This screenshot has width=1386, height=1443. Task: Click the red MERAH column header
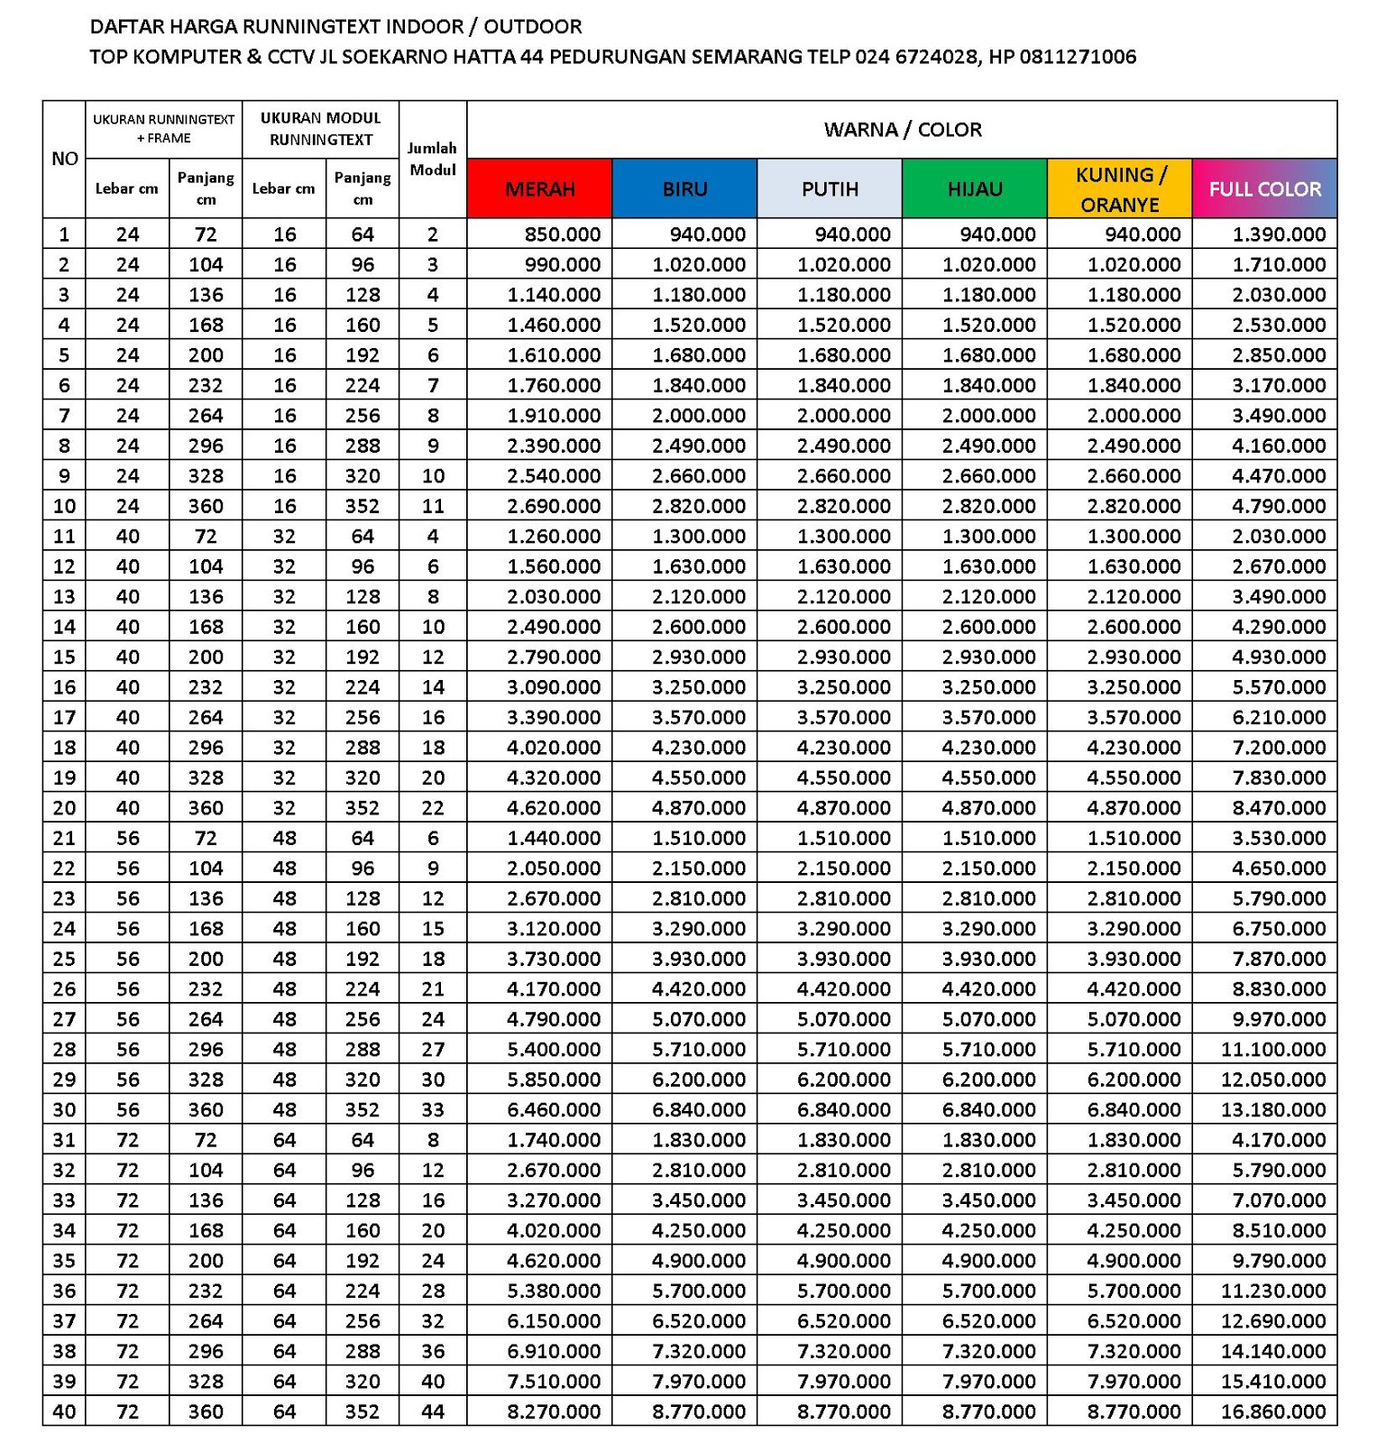539,188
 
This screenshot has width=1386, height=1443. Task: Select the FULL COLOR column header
1264,188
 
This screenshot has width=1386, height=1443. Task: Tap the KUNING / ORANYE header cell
1119,188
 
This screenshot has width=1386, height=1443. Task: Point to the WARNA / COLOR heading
902,129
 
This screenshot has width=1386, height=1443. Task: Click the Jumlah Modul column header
433,159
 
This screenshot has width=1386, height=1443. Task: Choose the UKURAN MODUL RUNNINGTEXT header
320,129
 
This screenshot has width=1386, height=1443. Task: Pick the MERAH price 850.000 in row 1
563,234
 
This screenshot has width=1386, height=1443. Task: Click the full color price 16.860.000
1273,1411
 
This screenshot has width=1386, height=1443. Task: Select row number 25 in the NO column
64,959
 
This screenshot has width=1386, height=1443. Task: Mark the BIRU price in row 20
699,808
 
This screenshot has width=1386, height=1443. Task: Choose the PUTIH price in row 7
844,416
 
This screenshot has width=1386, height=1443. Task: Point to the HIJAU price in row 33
988,1200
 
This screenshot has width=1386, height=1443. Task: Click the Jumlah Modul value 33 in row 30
433,1109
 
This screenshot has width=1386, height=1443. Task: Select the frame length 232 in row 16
206,687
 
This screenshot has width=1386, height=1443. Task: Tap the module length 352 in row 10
363,506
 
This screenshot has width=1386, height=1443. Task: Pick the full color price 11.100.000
1273,1049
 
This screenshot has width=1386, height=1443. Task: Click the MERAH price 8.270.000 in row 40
554,1411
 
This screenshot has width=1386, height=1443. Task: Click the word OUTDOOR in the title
533,26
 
